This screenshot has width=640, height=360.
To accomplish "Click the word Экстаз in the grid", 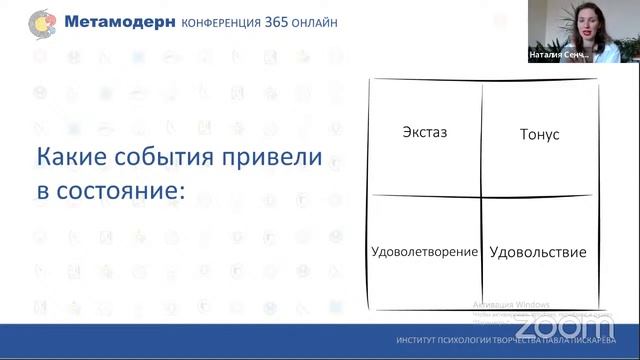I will (424, 133).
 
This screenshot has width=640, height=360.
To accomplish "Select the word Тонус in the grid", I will (540, 134).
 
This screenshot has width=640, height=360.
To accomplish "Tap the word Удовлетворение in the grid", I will (424, 251).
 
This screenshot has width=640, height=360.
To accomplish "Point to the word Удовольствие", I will (538, 252).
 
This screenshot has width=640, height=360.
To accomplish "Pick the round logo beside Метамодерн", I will (44, 20).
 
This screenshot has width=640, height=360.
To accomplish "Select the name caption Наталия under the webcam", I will (547, 56).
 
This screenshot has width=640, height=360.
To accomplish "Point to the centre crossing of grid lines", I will (482, 196).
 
